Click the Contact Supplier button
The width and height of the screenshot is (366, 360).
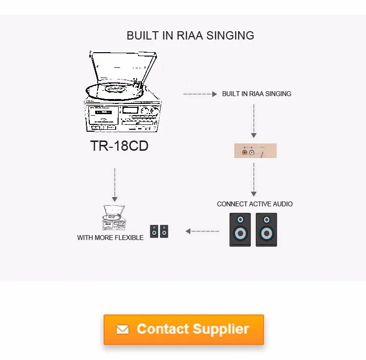pyautogui.click(x=183, y=329)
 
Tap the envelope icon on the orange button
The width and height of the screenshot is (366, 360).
pyautogui.click(x=122, y=330)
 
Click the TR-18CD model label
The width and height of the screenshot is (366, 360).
pyautogui.click(x=120, y=146)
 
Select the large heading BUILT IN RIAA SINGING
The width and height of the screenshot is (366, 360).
pyautogui.click(x=190, y=36)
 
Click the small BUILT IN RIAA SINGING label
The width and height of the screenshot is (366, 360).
pyautogui.click(x=257, y=94)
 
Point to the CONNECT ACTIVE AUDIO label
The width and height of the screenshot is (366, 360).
pyautogui.click(x=255, y=204)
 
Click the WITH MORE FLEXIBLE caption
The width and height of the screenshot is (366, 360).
pyautogui.click(x=110, y=238)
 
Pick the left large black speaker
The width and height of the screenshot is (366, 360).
pyautogui.click(x=240, y=229)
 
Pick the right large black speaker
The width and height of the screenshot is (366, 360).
pyautogui.click(x=266, y=229)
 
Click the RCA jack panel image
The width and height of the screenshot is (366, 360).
pyautogui.click(x=255, y=151)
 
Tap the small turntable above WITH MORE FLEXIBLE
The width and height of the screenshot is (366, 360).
pyautogui.click(x=114, y=218)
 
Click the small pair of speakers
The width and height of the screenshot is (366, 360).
pyautogui.click(x=159, y=231)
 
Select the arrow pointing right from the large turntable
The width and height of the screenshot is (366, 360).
pyautogui.click(x=200, y=94)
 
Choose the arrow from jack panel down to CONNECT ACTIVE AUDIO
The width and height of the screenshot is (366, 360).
pyautogui.click(x=254, y=179)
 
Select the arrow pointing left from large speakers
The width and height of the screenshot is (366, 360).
pyautogui.click(x=202, y=231)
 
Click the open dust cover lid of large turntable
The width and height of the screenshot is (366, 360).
pyautogui.click(x=124, y=66)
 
